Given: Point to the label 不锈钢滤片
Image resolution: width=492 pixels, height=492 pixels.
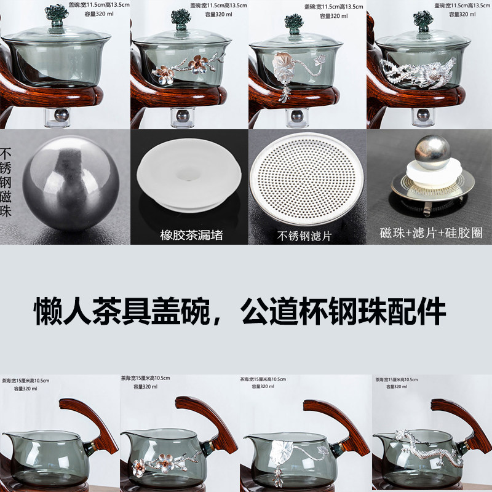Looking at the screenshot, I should (x=305, y=235).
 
